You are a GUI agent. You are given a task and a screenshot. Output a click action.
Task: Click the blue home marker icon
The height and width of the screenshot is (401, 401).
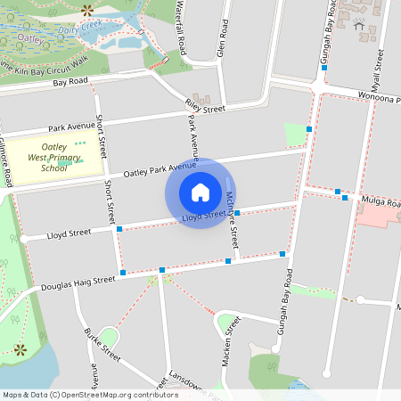point(200,192)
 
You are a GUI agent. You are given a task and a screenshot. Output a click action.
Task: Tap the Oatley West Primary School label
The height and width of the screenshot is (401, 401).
point(60,157)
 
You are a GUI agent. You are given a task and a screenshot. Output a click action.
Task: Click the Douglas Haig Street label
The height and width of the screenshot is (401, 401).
point(78,283)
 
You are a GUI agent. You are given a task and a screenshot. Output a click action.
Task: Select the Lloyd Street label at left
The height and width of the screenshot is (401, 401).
point(69,234)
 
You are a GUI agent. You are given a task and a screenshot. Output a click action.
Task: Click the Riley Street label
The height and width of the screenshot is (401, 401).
point(206,109)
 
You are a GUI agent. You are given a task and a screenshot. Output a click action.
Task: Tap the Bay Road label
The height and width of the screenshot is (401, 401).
point(70,82)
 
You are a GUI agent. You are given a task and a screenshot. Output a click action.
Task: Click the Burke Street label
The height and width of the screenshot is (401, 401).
point(103,344)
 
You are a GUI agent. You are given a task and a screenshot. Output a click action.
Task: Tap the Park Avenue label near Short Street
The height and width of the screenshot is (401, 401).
point(71,126)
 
